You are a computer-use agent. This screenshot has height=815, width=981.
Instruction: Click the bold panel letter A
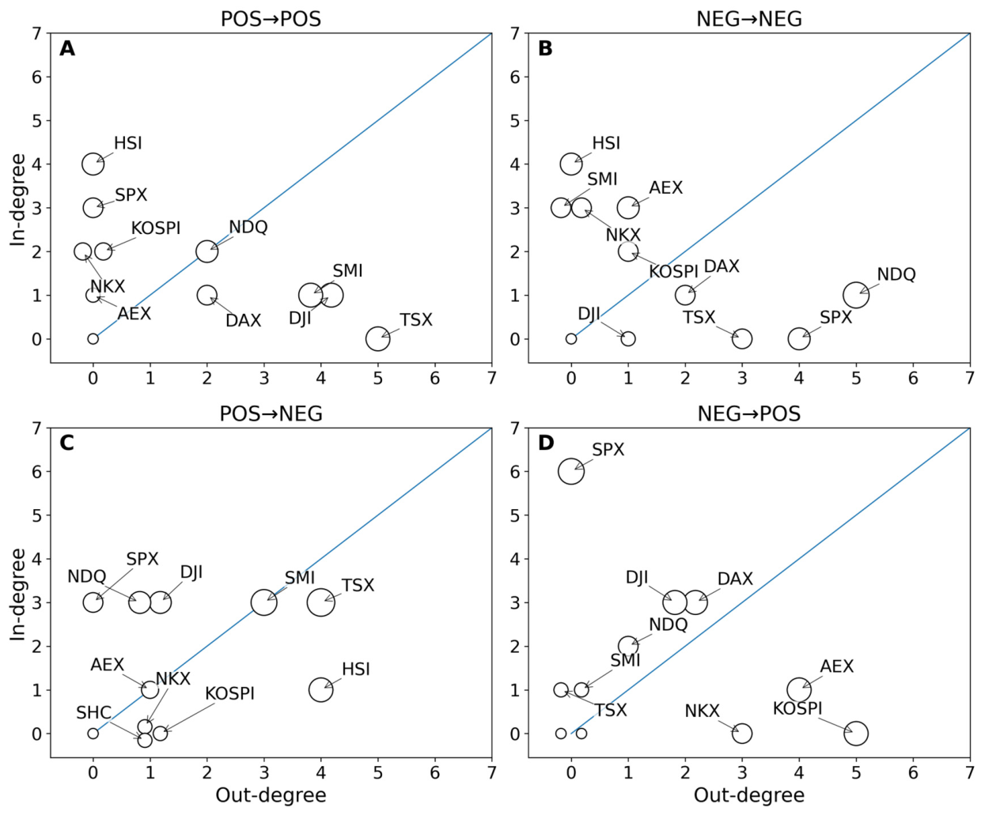[x=67, y=49]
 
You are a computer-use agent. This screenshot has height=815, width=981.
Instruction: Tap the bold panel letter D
[x=545, y=443]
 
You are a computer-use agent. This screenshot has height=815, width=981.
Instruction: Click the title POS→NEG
[x=271, y=414]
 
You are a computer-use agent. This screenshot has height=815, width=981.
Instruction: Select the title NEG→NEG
[x=749, y=19]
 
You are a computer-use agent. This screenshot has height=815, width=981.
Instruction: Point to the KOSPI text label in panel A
[x=156, y=228]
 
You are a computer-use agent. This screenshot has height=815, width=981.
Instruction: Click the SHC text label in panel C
[x=93, y=713]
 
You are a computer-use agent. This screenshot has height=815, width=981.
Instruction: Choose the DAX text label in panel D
[x=735, y=579]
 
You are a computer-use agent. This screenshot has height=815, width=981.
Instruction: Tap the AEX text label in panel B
[x=666, y=188]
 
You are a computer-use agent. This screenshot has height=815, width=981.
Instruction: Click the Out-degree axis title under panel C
[x=271, y=795]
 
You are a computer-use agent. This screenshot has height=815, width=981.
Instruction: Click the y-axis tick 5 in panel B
[x=515, y=121]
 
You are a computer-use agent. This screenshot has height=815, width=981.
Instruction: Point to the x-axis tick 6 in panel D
[x=913, y=773]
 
